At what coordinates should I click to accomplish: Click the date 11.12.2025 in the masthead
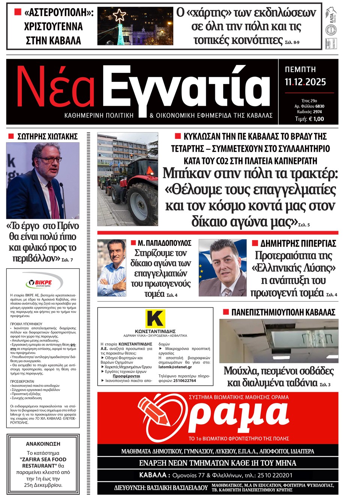[305, 82]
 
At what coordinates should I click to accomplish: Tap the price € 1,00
[316, 119]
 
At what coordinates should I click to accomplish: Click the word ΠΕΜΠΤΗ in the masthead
[300, 69]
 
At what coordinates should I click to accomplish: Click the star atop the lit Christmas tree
[120, 15]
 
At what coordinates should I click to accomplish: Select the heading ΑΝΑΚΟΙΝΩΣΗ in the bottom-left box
[43, 444]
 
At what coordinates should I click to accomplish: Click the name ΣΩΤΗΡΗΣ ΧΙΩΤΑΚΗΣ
[47, 137]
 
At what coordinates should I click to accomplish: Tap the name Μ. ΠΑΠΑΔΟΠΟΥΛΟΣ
[165, 243]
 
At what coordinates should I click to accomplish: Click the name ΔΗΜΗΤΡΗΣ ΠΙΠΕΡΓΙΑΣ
[298, 243]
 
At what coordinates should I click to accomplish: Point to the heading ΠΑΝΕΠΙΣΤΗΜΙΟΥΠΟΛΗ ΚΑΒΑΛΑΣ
[283, 312]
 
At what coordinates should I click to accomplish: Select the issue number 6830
[319, 106]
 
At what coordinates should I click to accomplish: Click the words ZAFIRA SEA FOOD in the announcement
[43, 459]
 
